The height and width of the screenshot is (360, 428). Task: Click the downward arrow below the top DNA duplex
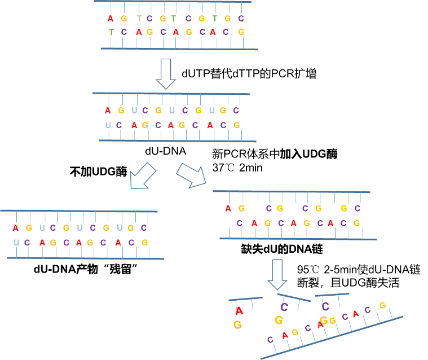[166, 74]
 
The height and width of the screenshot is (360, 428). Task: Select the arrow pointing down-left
[142, 175]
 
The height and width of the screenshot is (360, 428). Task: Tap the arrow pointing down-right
[191, 174]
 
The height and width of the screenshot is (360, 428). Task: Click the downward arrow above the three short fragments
[277, 274]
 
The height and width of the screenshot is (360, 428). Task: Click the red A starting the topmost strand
[110, 19]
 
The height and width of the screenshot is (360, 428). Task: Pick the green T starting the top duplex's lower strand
[111, 32]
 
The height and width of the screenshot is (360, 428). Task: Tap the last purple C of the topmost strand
[241, 19]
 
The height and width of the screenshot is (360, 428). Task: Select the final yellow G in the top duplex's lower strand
[241, 32]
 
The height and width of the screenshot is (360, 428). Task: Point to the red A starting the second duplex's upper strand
[108, 111]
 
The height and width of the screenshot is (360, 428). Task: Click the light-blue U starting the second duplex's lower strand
[108, 125]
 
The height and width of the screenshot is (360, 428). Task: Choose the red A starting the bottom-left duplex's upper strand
[15, 228]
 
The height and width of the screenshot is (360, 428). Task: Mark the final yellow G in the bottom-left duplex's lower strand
[145, 243]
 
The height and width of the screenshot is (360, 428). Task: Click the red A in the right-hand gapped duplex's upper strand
[228, 209]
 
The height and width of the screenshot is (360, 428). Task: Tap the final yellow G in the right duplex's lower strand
[356, 223]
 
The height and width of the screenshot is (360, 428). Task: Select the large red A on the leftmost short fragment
[239, 311]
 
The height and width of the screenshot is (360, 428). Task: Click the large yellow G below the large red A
[237, 324]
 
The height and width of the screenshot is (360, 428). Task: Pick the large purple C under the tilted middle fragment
[284, 307]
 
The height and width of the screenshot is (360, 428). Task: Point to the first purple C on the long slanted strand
[270, 340]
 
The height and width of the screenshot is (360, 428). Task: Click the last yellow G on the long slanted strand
[382, 305]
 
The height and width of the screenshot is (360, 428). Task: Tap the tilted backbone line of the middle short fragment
[294, 297]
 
